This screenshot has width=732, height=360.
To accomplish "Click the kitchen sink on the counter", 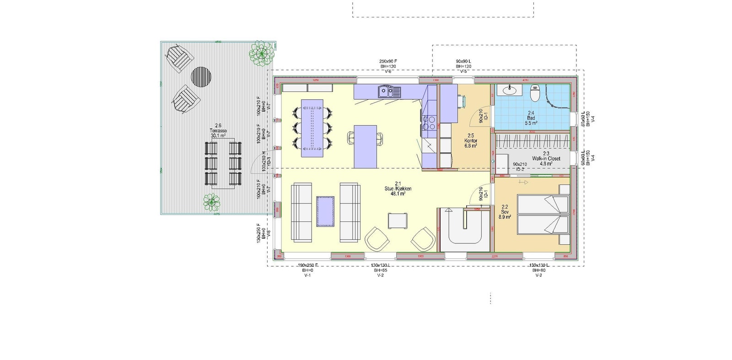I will pos(389,92).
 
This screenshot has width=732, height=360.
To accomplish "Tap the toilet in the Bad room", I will pos(534,94).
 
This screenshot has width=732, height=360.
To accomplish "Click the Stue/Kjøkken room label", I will pos(398,188).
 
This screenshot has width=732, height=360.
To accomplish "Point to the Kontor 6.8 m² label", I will pos(471,140).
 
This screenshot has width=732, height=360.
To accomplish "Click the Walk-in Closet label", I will pos(546,158).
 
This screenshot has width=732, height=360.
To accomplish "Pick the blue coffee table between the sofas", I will pos(325,211).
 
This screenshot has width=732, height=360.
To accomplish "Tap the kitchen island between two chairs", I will pos(365,146).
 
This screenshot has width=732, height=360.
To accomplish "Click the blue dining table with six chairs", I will pos(312,128).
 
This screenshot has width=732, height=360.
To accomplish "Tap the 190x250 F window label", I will pos(307,270).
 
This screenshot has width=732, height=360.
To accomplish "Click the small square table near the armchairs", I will pos(397,220).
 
